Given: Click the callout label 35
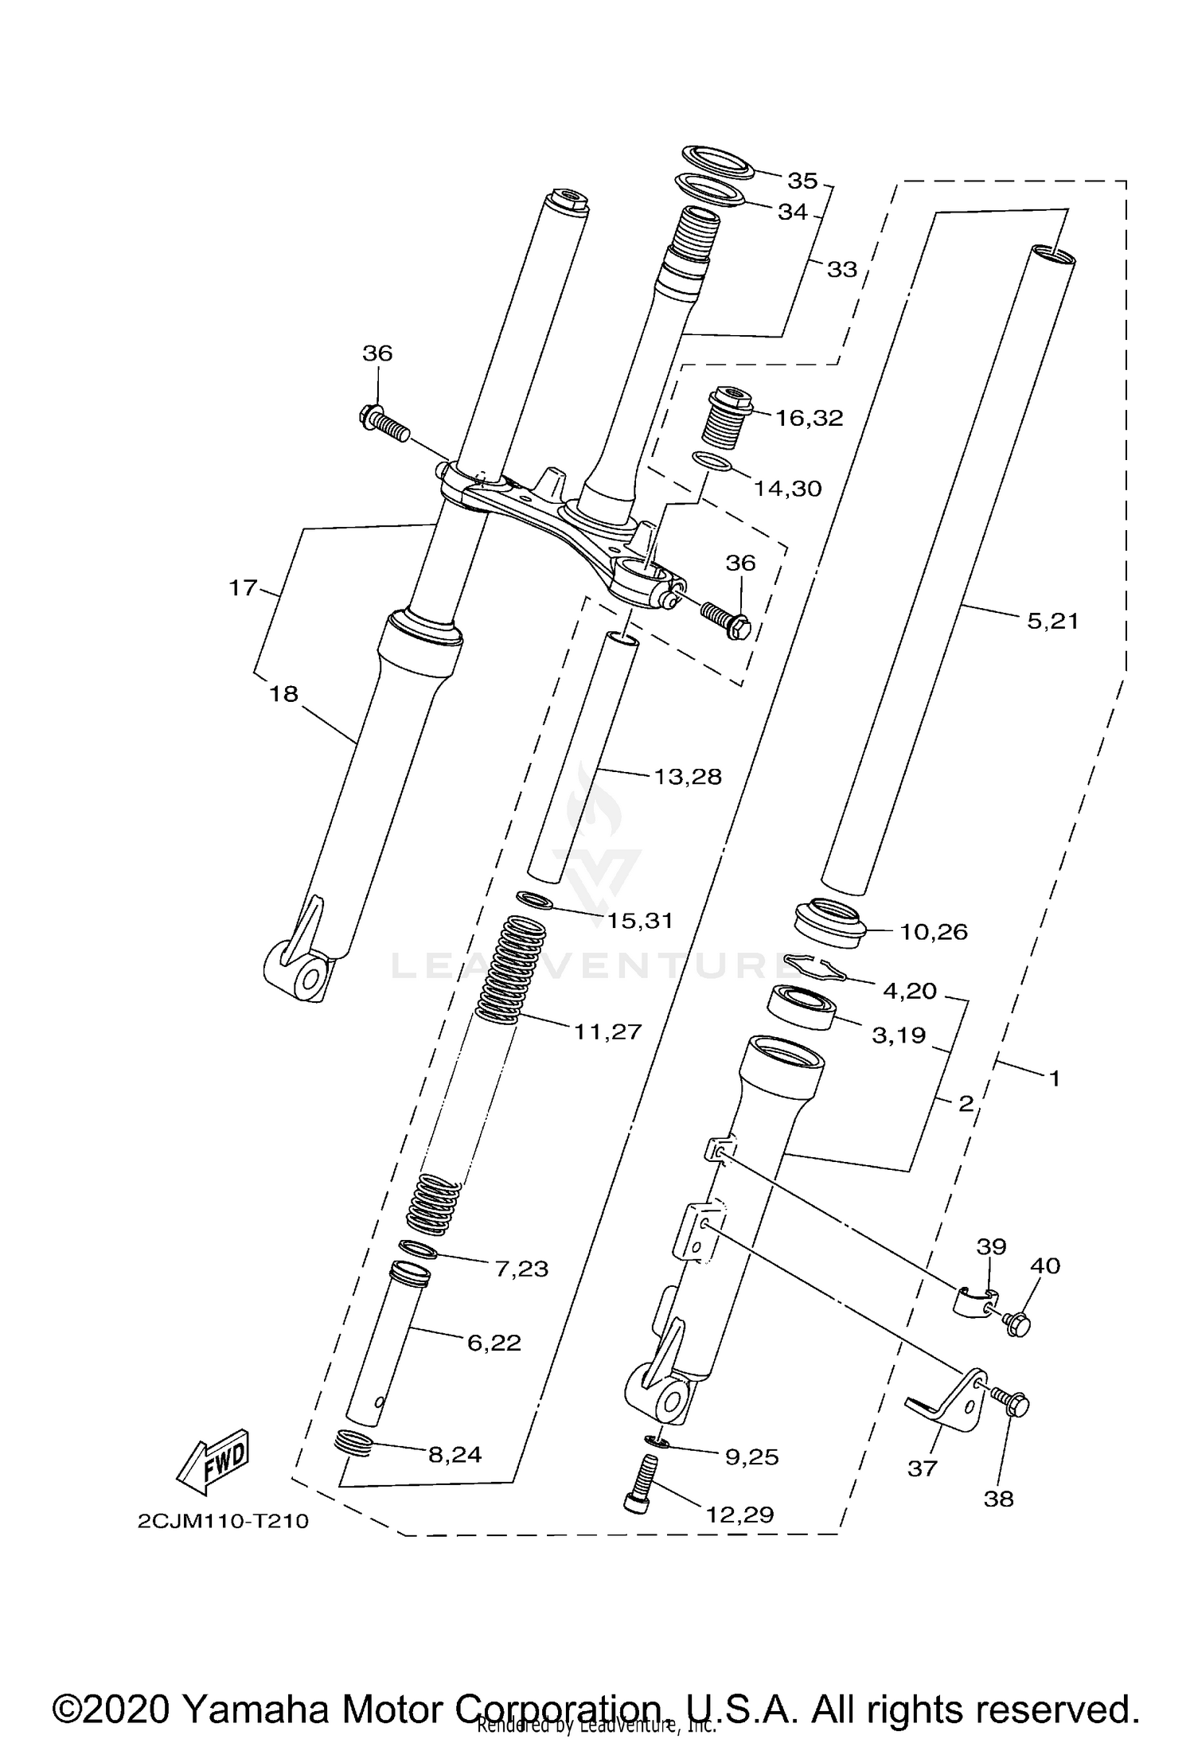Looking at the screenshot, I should point(802,181).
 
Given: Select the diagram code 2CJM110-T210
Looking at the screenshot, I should point(223,1521).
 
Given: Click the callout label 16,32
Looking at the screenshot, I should point(809,418).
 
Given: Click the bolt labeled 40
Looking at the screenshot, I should point(1016,1324).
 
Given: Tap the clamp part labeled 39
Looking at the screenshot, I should point(973,1300).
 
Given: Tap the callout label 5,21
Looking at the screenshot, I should point(1052,621).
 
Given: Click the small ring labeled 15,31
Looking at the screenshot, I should point(535,901).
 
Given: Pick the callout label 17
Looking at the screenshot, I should point(243,588).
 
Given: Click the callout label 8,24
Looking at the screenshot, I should point(455,1454).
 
